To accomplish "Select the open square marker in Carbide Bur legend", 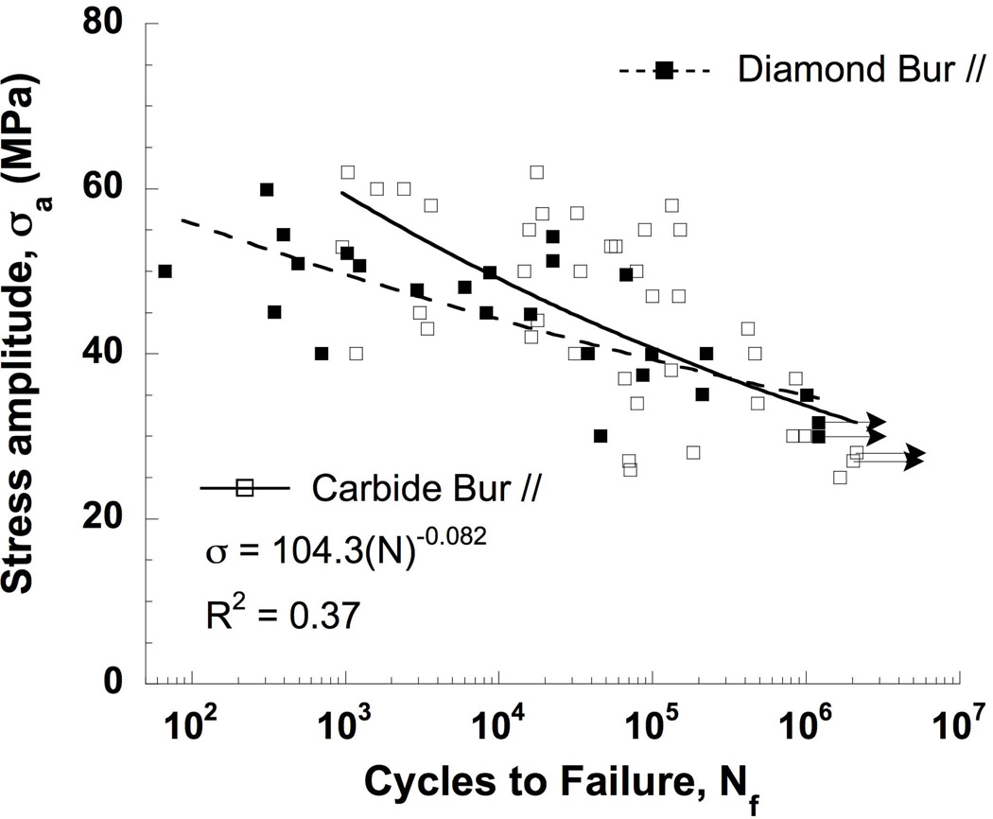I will pos(245,488).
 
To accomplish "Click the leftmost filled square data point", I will pos(165,271).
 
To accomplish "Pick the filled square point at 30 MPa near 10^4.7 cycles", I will pos(601,436).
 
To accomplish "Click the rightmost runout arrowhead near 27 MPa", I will pos(914,457).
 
